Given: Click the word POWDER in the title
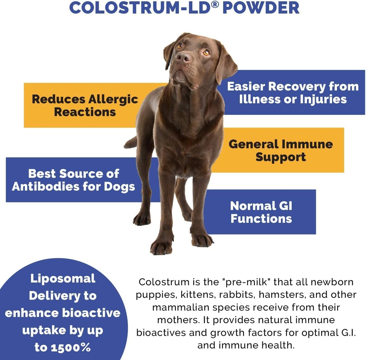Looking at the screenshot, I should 261,8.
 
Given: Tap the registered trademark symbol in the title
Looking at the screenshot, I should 215,5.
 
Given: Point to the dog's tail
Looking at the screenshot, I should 131,143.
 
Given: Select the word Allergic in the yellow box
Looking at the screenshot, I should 113,99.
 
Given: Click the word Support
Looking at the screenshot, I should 281,157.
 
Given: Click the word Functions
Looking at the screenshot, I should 261,218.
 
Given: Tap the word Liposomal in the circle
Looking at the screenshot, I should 63,278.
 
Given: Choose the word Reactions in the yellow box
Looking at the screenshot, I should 85,112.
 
